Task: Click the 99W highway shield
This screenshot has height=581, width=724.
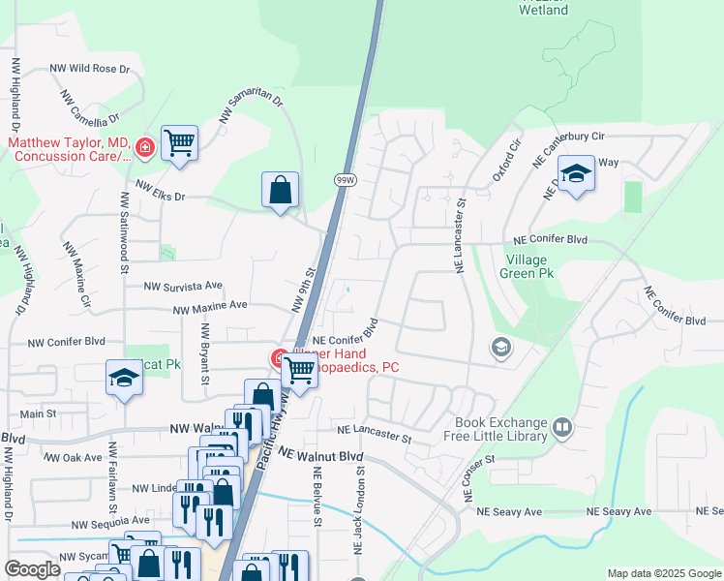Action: (x=346, y=180)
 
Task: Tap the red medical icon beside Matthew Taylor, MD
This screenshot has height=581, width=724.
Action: (x=144, y=147)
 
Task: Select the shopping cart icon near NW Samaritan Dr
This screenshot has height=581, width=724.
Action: (x=179, y=143)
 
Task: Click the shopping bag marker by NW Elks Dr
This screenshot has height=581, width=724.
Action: (x=280, y=190)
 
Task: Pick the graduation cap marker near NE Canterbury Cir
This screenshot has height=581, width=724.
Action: (x=576, y=174)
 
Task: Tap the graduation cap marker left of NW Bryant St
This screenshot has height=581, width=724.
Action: (x=125, y=378)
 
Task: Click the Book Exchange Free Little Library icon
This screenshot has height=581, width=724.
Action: (x=561, y=427)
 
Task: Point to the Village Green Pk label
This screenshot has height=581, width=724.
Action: (x=525, y=267)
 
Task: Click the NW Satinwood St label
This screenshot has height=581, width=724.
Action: (x=125, y=232)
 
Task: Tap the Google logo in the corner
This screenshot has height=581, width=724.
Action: (x=32, y=569)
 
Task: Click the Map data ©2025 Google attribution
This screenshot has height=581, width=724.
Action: (x=663, y=573)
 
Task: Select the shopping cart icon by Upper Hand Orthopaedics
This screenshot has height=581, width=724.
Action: (x=300, y=369)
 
